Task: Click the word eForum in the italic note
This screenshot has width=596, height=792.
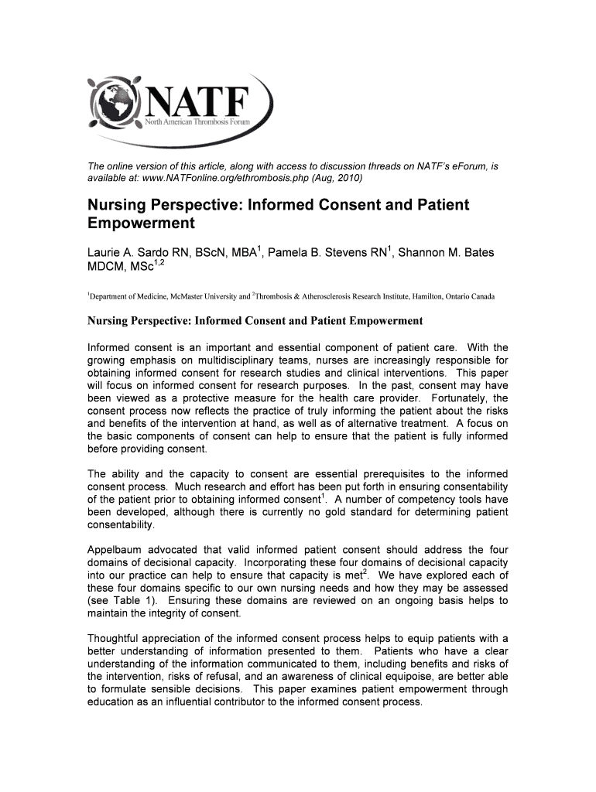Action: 469,165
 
